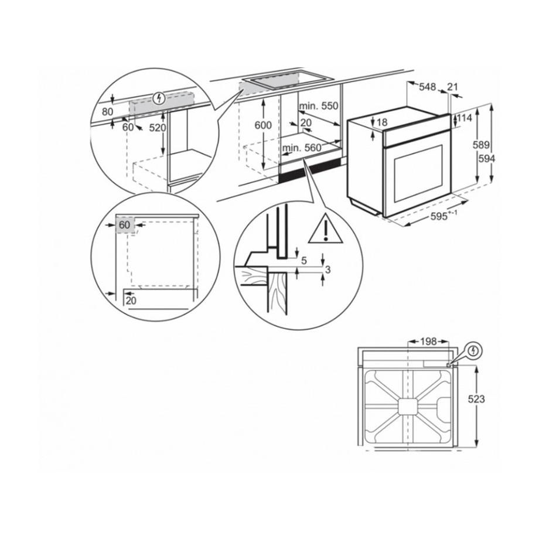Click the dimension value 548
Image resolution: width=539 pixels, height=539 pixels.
[x=427, y=87]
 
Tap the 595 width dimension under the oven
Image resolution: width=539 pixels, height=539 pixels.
[x=439, y=216]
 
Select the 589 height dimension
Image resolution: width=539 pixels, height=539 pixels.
[x=480, y=145]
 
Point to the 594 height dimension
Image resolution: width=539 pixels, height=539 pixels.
[x=487, y=159]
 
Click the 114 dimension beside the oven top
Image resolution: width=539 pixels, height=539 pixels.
[x=465, y=118]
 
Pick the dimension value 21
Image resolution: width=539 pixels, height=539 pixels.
[x=452, y=87]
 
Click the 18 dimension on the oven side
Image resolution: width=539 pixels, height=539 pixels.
[x=382, y=122]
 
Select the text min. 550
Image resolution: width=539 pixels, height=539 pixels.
[x=319, y=106]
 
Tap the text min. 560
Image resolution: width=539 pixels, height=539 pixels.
[x=302, y=148]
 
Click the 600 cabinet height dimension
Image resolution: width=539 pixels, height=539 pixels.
[x=263, y=125]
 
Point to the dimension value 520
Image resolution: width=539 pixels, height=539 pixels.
[x=158, y=128]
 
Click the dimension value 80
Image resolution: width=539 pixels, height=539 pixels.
[x=108, y=112]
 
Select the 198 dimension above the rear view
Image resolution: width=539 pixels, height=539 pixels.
[x=428, y=342]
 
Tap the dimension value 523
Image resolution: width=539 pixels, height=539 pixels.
[x=476, y=399]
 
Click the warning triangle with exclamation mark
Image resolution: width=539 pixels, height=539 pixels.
[x=326, y=228]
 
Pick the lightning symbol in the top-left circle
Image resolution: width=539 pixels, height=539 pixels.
[x=159, y=98]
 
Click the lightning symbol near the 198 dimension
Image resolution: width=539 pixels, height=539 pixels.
[x=474, y=351]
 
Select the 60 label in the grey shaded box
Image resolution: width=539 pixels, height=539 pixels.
[x=124, y=225]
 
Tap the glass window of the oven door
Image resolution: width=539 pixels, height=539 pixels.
[x=418, y=173]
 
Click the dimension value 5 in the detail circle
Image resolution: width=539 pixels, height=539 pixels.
[x=304, y=261]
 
